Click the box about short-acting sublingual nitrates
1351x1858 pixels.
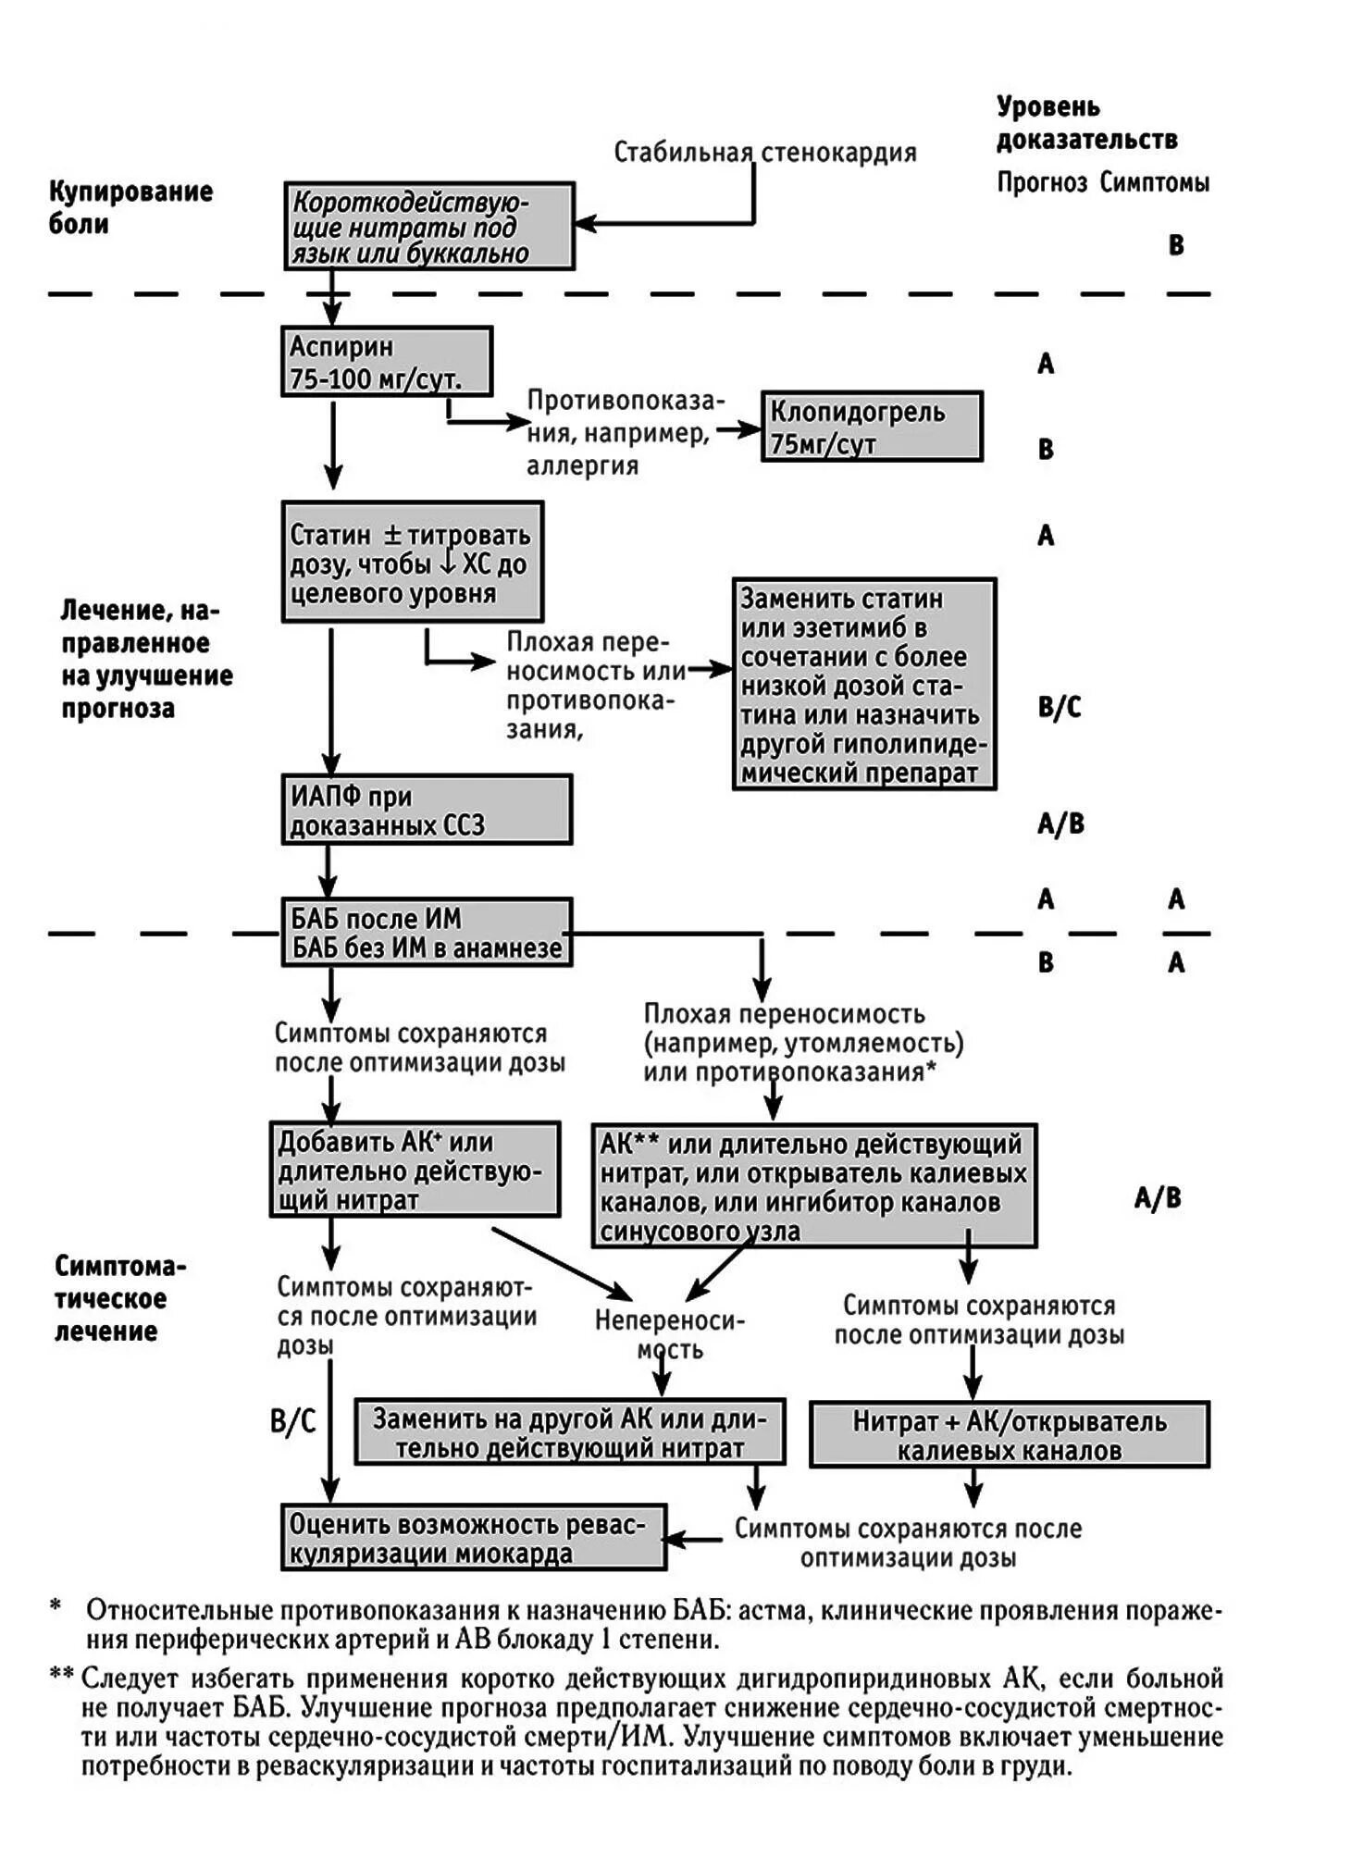click(428, 227)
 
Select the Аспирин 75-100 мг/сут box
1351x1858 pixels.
click(386, 362)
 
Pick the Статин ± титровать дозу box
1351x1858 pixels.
click(412, 563)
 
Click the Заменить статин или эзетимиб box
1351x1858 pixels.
click(863, 685)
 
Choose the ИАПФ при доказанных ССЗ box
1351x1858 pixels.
click(426, 811)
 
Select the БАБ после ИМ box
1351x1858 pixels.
click(426, 933)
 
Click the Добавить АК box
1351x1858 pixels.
click(415, 1170)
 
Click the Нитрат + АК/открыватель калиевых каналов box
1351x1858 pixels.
click(1009, 1435)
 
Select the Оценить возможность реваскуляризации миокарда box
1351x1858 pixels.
click(473, 1537)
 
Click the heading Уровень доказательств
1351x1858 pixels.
click(1085, 123)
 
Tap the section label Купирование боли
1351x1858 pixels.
click(130, 207)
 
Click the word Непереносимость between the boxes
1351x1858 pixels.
click(669, 1334)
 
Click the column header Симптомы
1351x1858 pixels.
click(1154, 182)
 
